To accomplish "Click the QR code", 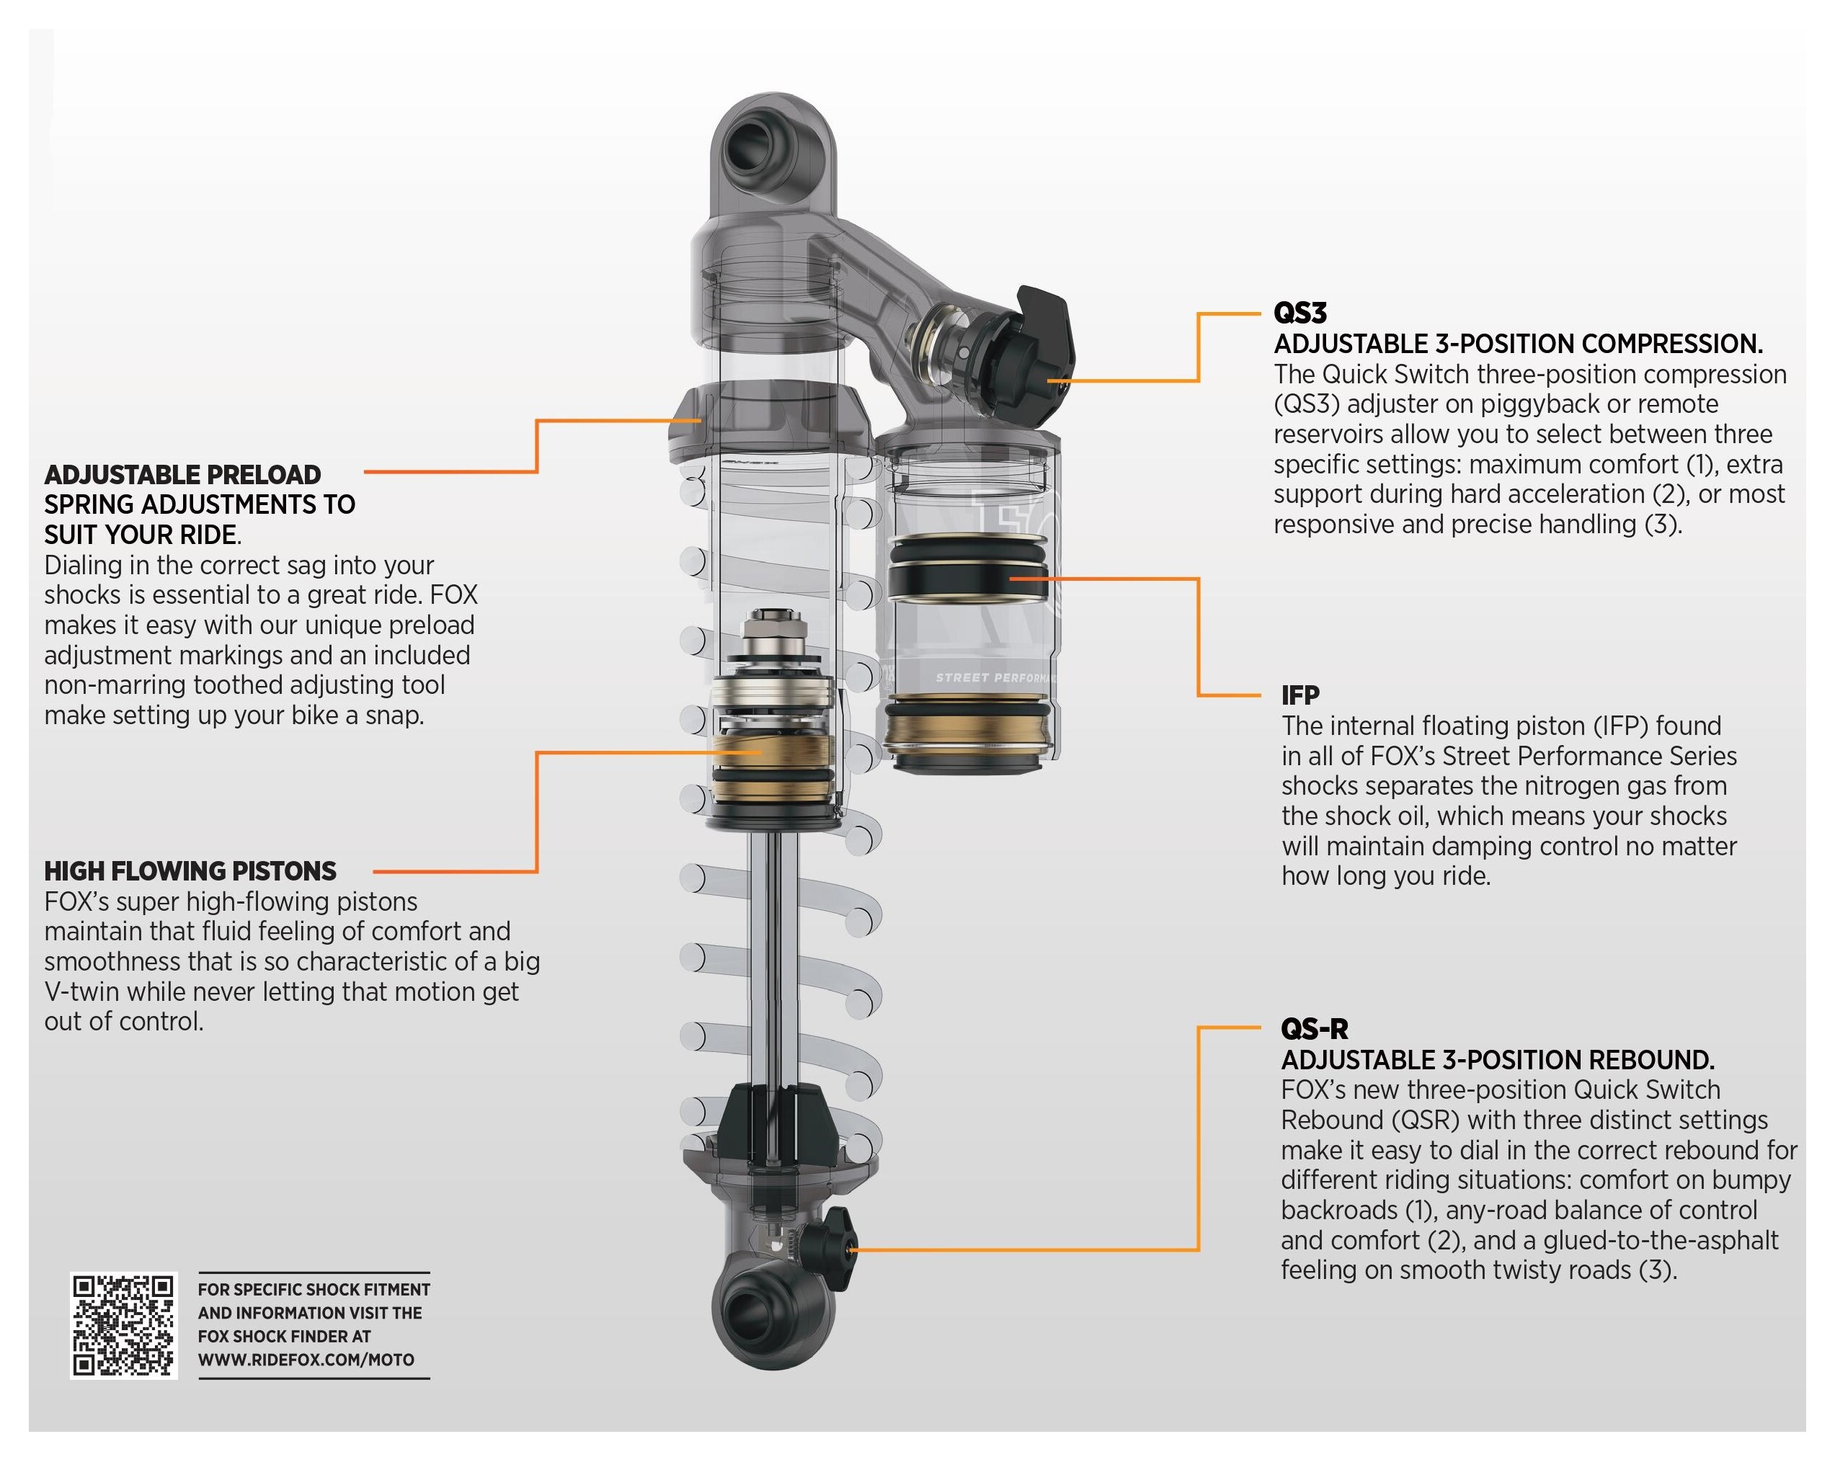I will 123,1325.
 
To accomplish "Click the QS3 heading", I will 1299,313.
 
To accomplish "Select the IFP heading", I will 1299,695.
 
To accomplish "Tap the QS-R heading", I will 1314,1029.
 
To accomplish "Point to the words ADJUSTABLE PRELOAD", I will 182,474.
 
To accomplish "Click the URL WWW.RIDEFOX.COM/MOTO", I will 306,1359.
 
